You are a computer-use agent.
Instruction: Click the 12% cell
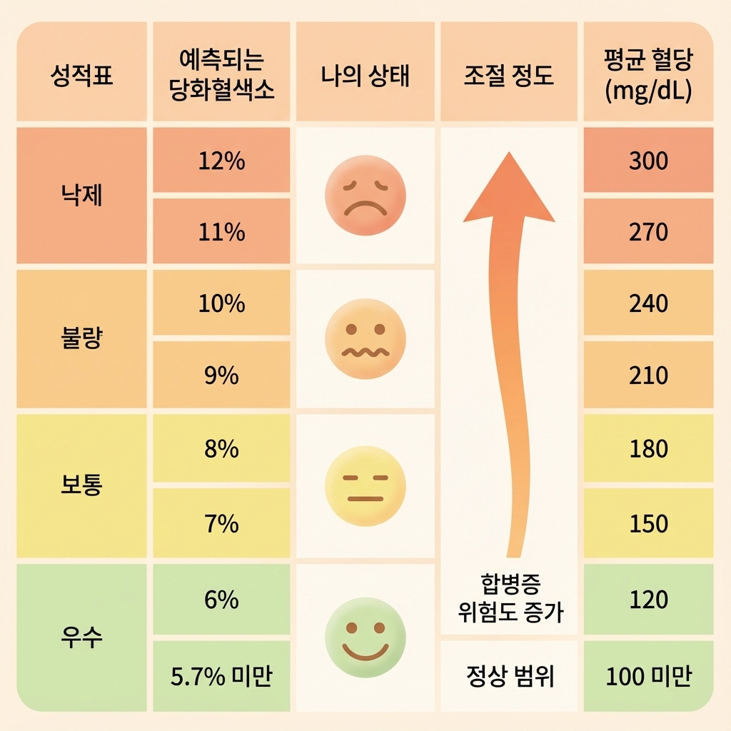[x=221, y=161]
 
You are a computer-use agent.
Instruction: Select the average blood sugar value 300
[x=648, y=161]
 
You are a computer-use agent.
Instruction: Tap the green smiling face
[x=365, y=637]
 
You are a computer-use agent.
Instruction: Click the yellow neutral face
[x=365, y=486]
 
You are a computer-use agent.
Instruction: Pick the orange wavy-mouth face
[x=365, y=338]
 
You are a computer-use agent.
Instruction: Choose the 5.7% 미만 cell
[x=221, y=676]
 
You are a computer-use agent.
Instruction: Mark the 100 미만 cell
[x=648, y=676]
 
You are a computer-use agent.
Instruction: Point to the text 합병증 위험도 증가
[x=508, y=598]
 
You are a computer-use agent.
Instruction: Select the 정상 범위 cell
[x=508, y=676]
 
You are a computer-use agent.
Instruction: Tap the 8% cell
[x=221, y=450]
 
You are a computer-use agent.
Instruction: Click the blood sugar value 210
[x=648, y=375]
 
